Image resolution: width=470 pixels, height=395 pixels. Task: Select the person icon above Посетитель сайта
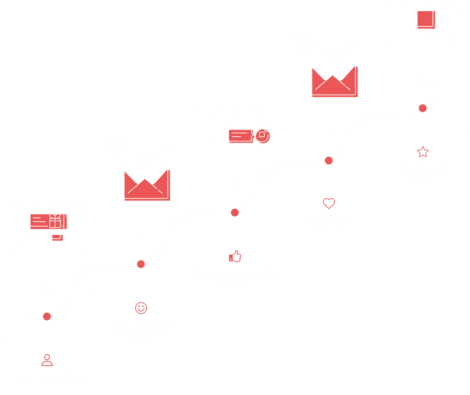click(47, 360)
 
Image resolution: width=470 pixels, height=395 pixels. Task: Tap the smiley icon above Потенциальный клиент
click(141, 308)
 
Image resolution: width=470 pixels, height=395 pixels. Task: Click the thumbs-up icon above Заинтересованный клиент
click(235, 257)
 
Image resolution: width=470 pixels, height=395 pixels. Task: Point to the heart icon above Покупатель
click(329, 203)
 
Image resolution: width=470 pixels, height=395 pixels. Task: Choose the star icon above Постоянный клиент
click(422, 152)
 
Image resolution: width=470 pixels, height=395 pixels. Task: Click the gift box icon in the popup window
click(55, 221)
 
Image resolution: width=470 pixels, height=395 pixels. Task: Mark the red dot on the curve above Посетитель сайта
click(47, 316)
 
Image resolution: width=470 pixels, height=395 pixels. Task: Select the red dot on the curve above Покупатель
click(329, 160)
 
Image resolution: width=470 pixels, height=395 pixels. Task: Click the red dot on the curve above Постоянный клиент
click(422, 108)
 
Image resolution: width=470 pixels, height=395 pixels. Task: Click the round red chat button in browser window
click(262, 135)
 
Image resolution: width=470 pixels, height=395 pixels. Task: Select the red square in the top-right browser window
click(425, 19)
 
